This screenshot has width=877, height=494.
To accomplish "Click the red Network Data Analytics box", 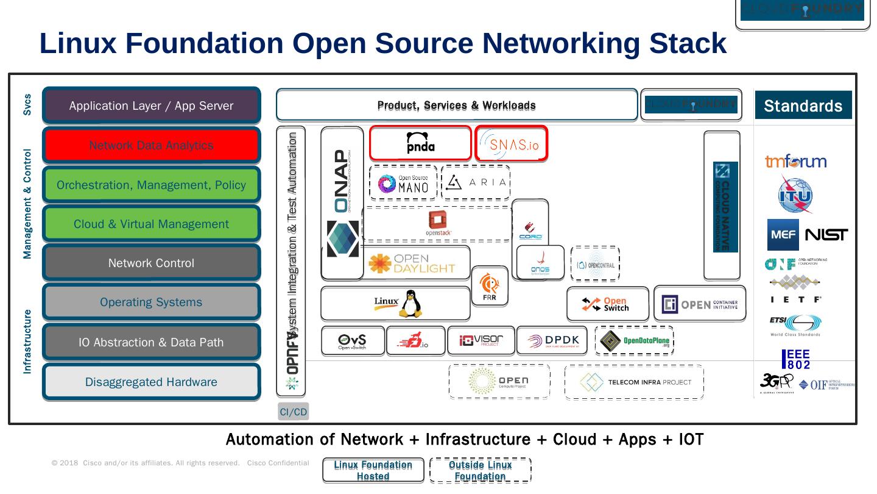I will (151, 145).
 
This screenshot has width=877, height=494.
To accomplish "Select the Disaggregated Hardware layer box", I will (151, 382).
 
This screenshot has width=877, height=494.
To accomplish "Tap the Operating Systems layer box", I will (151, 302).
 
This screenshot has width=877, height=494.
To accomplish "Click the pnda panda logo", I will (420, 143).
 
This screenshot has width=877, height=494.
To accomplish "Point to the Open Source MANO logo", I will (403, 183).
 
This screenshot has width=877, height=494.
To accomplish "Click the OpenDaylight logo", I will (412, 263).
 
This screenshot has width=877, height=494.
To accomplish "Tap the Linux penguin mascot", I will (411, 304).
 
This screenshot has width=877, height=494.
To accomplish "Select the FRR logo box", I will (489, 286).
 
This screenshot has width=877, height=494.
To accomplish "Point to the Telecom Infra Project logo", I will (634, 382).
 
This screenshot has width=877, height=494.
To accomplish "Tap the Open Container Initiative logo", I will (699, 304).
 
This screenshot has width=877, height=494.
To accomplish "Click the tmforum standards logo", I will (795, 162).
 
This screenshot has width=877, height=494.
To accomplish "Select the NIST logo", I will (826, 235).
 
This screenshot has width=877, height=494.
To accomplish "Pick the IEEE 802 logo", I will (796, 359).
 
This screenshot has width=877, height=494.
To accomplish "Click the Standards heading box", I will (803, 106).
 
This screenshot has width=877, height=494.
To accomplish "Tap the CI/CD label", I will (293, 412).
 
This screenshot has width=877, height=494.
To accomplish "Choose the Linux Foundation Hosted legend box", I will (373, 470).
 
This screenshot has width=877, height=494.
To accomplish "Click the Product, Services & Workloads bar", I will (456, 106).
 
